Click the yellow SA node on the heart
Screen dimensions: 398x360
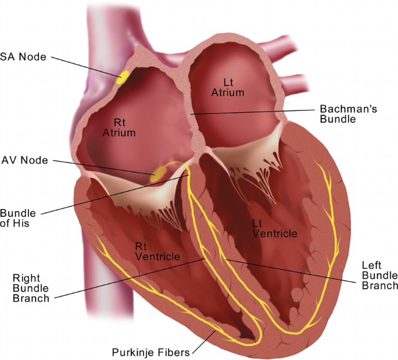(123, 77)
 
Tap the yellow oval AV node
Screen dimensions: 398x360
(157, 174)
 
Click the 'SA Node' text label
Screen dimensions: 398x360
(23, 57)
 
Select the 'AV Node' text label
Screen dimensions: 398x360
(24, 160)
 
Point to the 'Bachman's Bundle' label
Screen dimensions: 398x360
(348, 114)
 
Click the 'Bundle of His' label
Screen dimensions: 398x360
(18, 218)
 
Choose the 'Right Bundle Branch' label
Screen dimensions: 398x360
(31, 288)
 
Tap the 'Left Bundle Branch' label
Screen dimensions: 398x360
(380, 276)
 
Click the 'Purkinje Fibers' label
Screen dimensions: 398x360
(150, 352)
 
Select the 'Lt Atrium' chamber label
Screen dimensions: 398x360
(228, 88)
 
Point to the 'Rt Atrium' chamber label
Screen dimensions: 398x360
(119, 128)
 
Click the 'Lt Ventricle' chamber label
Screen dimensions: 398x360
(275, 229)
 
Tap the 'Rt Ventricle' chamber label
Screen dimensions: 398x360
(157, 251)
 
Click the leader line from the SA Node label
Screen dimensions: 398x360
(86, 67)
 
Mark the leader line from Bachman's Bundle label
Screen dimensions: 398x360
(253, 112)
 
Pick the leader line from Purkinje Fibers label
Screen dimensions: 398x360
(204, 342)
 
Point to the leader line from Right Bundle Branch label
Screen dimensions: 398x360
(130, 278)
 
